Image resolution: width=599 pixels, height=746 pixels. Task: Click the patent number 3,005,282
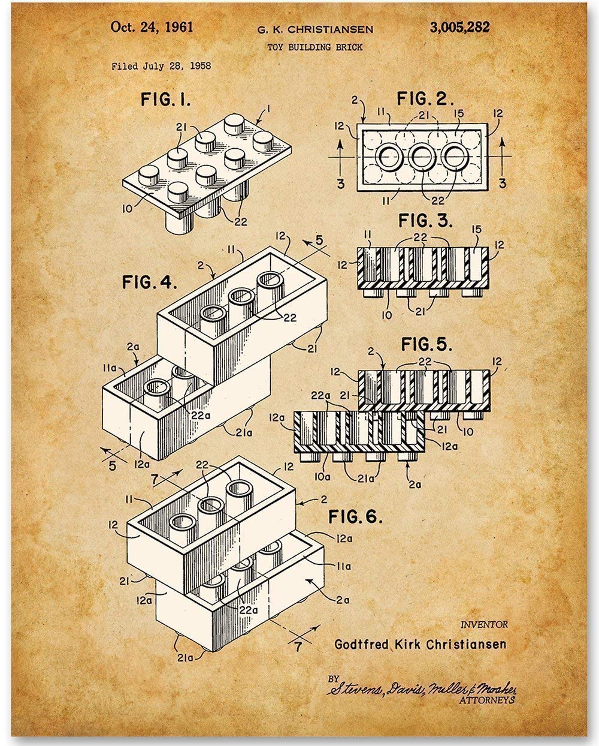point(459,27)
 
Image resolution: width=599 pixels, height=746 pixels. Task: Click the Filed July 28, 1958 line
point(161,67)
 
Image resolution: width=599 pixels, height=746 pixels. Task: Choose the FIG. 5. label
point(426,344)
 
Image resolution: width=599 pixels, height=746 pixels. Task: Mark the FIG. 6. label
point(355,516)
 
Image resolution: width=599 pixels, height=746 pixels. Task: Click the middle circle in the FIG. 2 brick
point(421,157)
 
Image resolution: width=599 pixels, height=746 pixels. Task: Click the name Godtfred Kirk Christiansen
point(420,644)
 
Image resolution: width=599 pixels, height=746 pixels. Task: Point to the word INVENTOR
point(483,624)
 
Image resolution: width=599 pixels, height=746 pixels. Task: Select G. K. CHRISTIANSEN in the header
point(315,29)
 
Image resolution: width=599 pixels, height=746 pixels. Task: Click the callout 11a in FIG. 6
point(344,565)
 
